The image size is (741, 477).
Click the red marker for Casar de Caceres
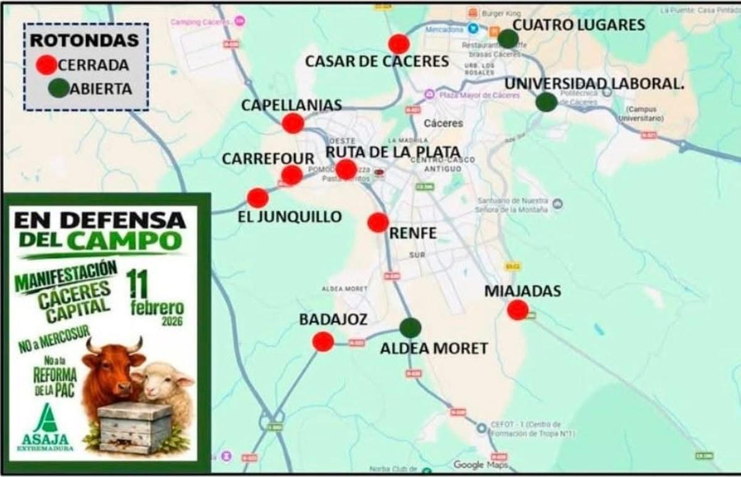click(x=399, y=44)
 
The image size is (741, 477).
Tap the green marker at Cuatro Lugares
click(x=508, y=39)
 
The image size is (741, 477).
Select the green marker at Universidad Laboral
click(x=546, y=102)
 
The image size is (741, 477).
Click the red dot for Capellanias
click(x=293, y=124)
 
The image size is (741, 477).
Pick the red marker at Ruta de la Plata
click(x=346, y=169)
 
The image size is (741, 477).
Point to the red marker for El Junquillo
click(x=257, y=198)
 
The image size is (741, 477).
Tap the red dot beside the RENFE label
click(x=378, y=222)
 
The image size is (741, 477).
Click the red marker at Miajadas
click(x=517, y=310)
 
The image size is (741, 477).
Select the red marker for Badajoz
click(x=323, y=342)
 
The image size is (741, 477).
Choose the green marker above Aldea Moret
click(x=410, y=327)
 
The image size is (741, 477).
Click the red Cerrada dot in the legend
click(x=46, y=65)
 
